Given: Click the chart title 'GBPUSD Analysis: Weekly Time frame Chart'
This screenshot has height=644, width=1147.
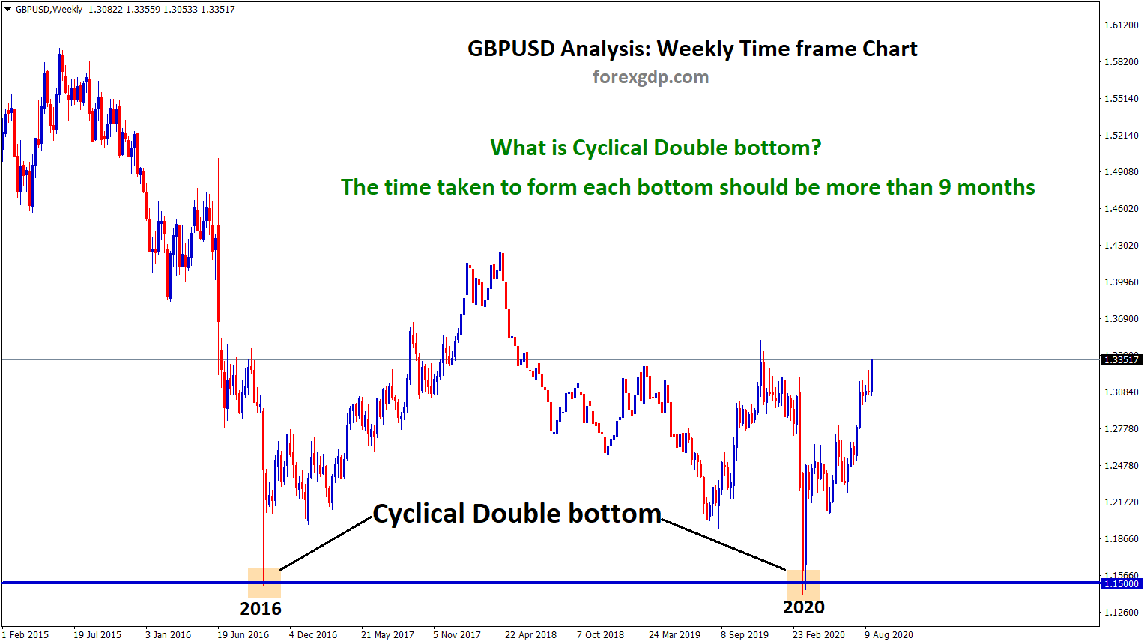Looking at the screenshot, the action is tap(692, 49).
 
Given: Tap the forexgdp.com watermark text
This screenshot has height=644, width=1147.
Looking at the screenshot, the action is tap(651, 77).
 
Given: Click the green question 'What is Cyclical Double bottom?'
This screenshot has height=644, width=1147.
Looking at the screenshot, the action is tap(656, 148).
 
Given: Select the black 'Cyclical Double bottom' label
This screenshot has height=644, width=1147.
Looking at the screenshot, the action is tap(517, 514).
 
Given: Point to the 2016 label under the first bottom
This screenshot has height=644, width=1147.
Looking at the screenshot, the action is tap(261, 608).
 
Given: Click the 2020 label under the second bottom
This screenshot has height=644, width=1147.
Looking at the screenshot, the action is tap(804, 607).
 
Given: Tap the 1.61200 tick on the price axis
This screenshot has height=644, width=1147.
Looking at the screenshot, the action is tap(1121, 25).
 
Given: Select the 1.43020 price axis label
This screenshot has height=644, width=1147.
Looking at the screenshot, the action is tap(1121, 245).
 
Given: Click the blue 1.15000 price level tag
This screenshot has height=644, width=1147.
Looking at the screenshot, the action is tap(1121, 583).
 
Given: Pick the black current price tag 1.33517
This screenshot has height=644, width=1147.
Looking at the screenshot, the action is tap(1121, 359).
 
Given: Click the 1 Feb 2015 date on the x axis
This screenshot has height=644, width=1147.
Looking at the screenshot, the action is tap(25, 635).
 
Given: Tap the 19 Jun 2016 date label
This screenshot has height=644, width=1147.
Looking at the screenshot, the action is tap(243, 635).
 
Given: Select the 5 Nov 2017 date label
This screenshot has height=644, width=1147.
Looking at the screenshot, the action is tap(457, 635).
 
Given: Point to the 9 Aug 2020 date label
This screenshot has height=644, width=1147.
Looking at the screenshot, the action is tap(889, 635).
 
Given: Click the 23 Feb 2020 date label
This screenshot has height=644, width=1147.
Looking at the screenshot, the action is tap(819, 635).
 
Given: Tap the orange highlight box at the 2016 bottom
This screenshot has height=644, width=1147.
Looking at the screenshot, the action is tap(264, 583).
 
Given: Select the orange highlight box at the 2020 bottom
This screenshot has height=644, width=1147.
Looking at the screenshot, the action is tap(803, 584).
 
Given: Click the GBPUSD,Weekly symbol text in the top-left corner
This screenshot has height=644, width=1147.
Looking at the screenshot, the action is tap(49, 10).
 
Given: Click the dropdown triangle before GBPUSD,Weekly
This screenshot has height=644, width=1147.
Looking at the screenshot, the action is tap(7, 9).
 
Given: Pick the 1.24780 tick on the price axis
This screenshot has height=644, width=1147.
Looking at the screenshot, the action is tap(1121, 465).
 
